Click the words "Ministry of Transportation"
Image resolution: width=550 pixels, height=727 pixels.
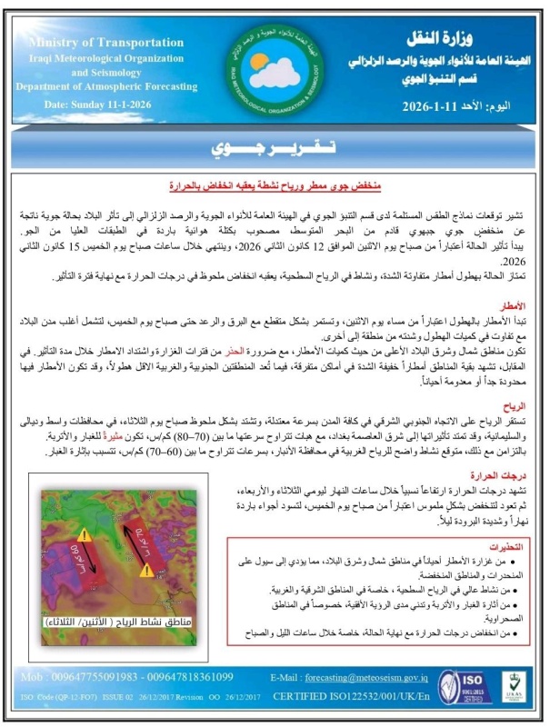[87, 42]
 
